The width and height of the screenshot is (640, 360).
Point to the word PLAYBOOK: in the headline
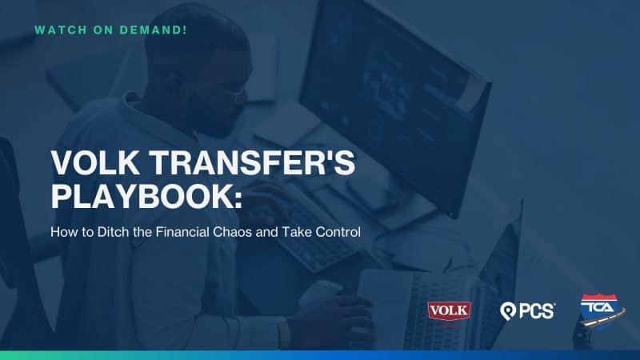[146, 196]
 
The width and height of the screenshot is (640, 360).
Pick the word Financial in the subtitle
[182, 232]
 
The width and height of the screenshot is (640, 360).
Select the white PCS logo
[527, 311]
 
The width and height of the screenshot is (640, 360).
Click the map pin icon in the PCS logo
[507, 312]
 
